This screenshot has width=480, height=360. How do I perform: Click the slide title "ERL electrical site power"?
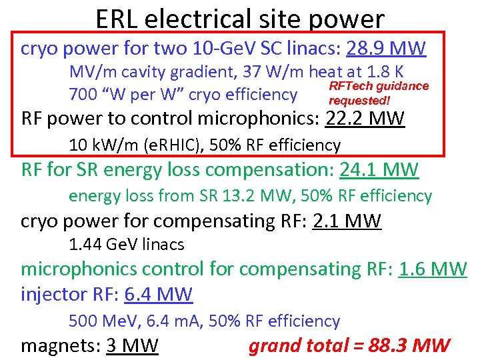pyautogui.click(x=240, y=18)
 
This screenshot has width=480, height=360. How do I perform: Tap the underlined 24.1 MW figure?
pyautogui.click(x=379, y=171)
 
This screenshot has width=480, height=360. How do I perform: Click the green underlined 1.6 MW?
pyautogui.click(x=433, y=269)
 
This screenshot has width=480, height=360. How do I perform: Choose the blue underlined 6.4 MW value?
pyautogui.click(x=158, y=294)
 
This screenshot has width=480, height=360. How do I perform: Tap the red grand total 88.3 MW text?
pyautogui.click(x=349, y=345)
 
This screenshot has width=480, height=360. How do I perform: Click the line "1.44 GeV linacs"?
pyautogui.click(x=127, y=245)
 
